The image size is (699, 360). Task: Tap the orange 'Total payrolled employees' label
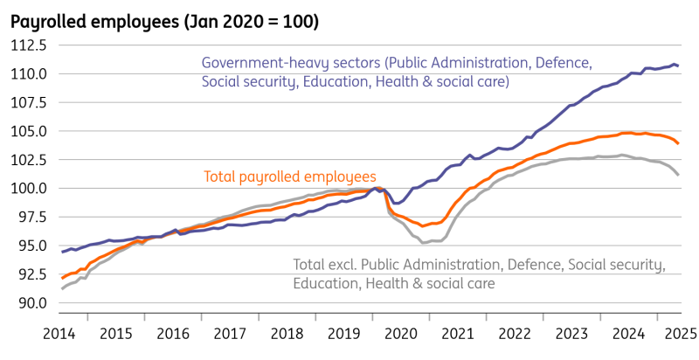[289, 177]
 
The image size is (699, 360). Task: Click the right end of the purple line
[680, 66]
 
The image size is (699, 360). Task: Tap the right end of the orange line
[680, 143]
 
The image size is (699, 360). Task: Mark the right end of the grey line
[680, 175]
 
